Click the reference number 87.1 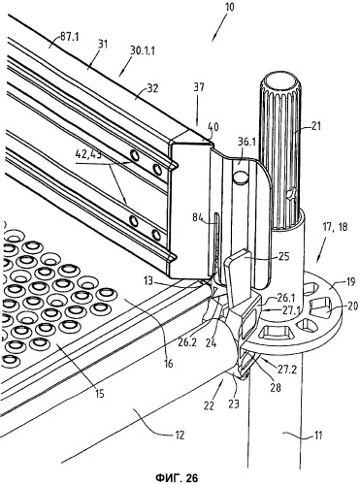tap(70, 37)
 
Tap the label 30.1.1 tap(143, 50)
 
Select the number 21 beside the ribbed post tap(316, 126)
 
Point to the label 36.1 tap(245, 143)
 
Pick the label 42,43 tap(88, 155)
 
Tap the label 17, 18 tap(334, 227)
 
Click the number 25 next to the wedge tap(283, 257)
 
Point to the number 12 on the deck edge tap(180, 435)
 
